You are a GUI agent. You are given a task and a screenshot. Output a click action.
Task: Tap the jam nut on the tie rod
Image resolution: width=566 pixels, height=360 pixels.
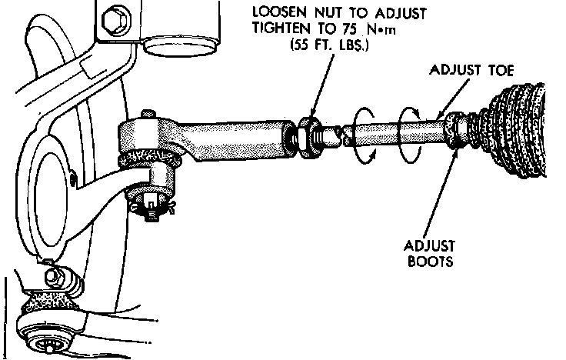(311, 136)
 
